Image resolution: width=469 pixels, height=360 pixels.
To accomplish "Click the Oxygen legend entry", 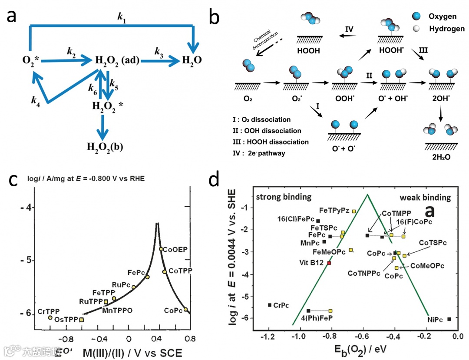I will tap(442, 16).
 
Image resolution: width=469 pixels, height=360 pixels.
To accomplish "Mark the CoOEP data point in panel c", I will tap(161, 249).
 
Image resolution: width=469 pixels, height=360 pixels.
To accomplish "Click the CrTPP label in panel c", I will tap(48, 311).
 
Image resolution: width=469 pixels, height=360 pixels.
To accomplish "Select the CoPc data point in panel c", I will tap(186, 309).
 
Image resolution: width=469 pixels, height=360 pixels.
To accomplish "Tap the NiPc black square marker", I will tap(449, 319).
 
